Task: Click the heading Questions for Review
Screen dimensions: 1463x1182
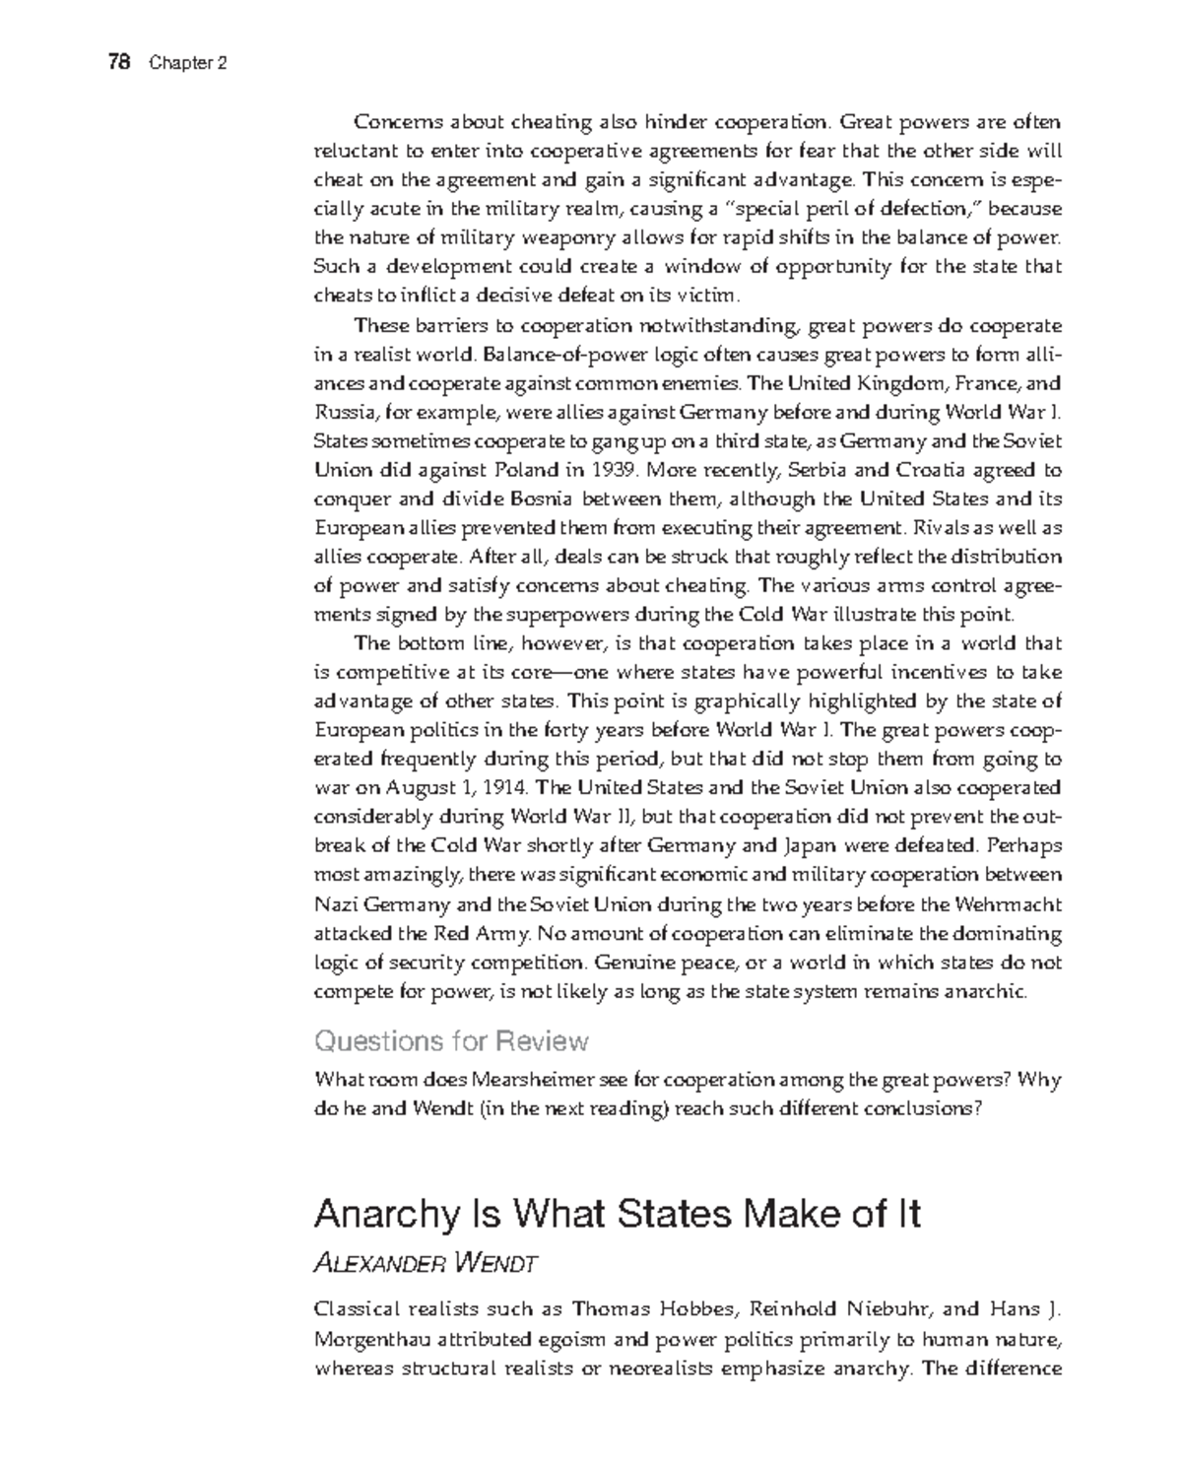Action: tap(451, 1040)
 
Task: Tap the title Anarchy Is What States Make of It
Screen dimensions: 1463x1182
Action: tap(617, 1214)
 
